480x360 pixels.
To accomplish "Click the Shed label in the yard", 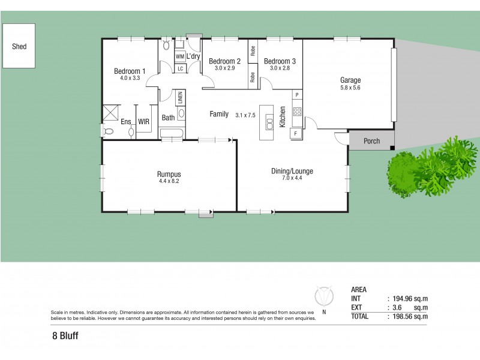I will click(19, 46).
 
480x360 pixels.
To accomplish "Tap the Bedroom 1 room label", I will click(130, 71).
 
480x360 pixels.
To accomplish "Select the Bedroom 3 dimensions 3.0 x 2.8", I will click(280, 68).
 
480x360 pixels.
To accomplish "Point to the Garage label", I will click(350, 80).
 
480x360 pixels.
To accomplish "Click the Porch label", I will click(372, 142).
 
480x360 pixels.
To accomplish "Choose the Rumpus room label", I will click(169, 173).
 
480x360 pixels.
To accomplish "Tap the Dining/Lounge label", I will click(292, 172).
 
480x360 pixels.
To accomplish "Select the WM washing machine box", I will click(179, 57).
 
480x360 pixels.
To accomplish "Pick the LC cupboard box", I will click(180, 69).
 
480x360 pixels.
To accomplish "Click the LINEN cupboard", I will click(180, 97).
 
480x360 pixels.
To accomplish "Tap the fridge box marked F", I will click(296, 133).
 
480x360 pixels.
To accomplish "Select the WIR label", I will click(143, 122).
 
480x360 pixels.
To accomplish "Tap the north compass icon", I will click(324, 298).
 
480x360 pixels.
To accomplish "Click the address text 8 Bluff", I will click(65, 337).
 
